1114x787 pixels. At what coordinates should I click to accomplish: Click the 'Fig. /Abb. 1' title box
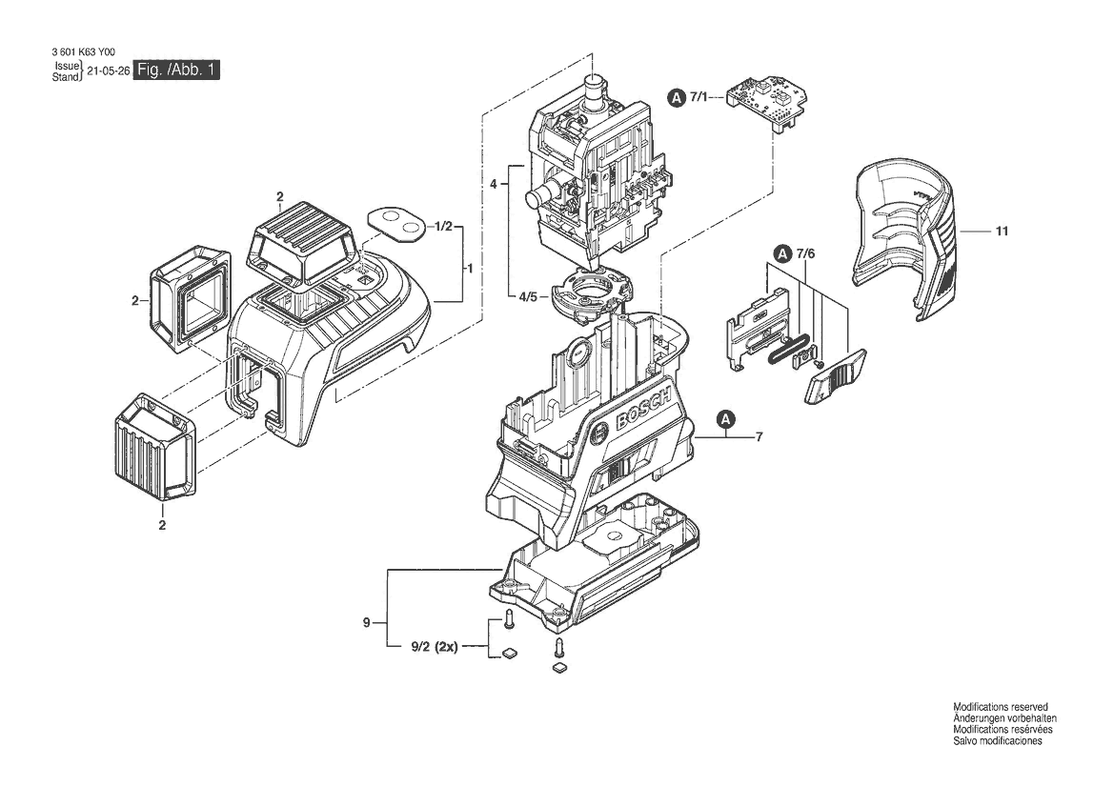point(176,70)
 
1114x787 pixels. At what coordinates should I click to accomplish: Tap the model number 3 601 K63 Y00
point(83,52)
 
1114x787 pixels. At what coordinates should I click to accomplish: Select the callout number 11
point(1002,231)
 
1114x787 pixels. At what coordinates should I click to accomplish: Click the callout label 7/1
point(699,97)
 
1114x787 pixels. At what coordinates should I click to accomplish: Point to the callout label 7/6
point(805,253)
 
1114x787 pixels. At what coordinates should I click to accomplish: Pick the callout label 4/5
point(529,296)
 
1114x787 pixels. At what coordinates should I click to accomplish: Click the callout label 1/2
point(443,226)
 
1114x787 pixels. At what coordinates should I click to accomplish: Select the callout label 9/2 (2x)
point(435,647)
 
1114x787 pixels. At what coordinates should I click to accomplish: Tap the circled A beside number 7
point(726,419)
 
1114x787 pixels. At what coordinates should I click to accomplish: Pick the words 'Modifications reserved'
point(1001,708)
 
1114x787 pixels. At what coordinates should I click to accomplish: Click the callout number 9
point(367,623)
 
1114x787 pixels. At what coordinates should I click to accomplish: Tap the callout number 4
point(493,184)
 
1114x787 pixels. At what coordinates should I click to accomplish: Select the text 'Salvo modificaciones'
point(998,741)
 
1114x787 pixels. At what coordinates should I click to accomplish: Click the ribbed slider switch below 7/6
point(835,375)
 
